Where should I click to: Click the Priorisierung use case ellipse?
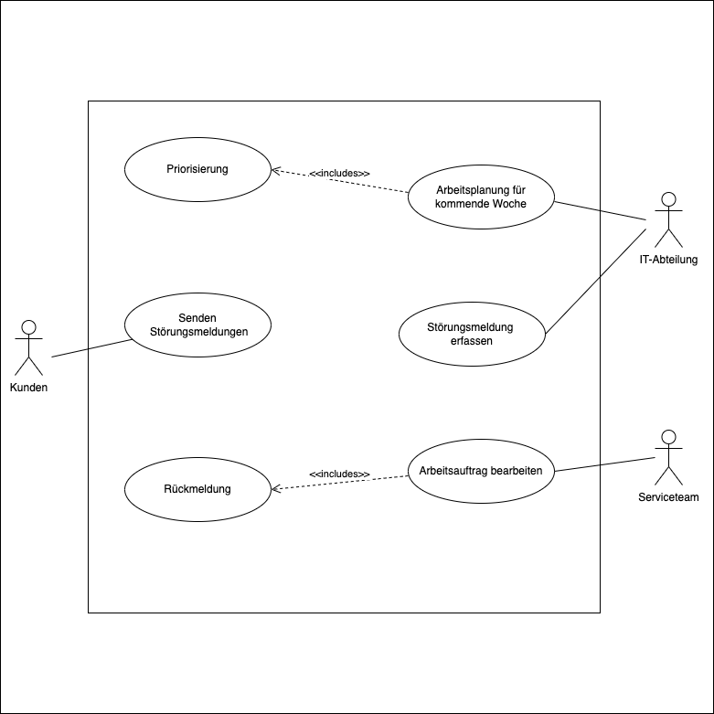(197, 169)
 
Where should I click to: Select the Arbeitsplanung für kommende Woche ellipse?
(481, 197)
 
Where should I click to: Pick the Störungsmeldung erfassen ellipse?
(472, 334)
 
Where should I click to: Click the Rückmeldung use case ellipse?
(197, 489)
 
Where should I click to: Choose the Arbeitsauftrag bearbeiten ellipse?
(481, 472)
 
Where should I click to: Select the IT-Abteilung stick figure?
(668, 220)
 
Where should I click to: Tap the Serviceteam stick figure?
(668, 457)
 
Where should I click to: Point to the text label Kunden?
(29, 388)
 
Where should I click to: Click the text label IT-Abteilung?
(668, 260)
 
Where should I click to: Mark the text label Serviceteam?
(668, 497)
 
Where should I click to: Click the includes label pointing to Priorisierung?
(339, 174)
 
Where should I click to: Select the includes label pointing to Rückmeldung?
(339, 474)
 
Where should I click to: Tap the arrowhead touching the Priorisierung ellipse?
(275, 170)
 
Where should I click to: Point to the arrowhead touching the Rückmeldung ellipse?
(275, 489)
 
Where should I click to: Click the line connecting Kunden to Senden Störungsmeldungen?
(91, 347)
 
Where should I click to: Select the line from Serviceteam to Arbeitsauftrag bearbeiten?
(603, 464)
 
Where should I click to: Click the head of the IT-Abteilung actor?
(668, 199)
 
